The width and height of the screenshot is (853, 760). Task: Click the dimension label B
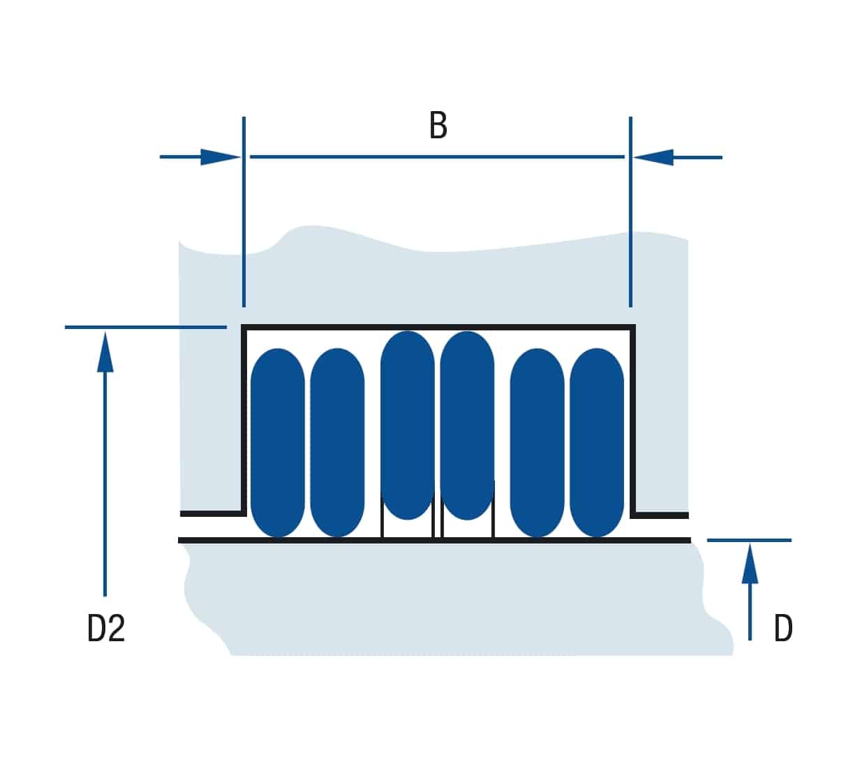pos(438,125)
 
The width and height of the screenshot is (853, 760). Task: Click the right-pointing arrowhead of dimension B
pos(220,157)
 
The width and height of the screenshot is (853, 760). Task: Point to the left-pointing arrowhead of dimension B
pos(653,158)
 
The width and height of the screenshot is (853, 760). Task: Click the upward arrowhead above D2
pos(105,352)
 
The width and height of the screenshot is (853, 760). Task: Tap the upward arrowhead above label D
pos(750,563)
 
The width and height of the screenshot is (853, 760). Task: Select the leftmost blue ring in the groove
pos(277,442)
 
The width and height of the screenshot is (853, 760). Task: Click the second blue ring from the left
pos(337,442)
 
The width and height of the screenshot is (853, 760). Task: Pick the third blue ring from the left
pos(407,425)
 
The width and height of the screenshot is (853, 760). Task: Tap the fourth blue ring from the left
pos(467,425)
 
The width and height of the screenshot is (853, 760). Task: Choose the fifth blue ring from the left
pos(537,442)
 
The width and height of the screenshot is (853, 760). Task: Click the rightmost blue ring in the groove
pos(597,442)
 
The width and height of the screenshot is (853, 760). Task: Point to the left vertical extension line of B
pos(244,212)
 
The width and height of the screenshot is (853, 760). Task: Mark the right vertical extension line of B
pos(630,212)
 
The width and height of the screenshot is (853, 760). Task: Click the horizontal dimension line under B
pos(437,156)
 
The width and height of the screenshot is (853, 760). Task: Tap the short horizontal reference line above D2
pos(146,327)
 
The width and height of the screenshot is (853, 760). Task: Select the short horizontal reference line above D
pos(749,540)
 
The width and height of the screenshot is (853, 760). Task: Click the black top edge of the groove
pos(438,328)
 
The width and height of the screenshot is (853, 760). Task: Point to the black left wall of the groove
pos(244,420)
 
